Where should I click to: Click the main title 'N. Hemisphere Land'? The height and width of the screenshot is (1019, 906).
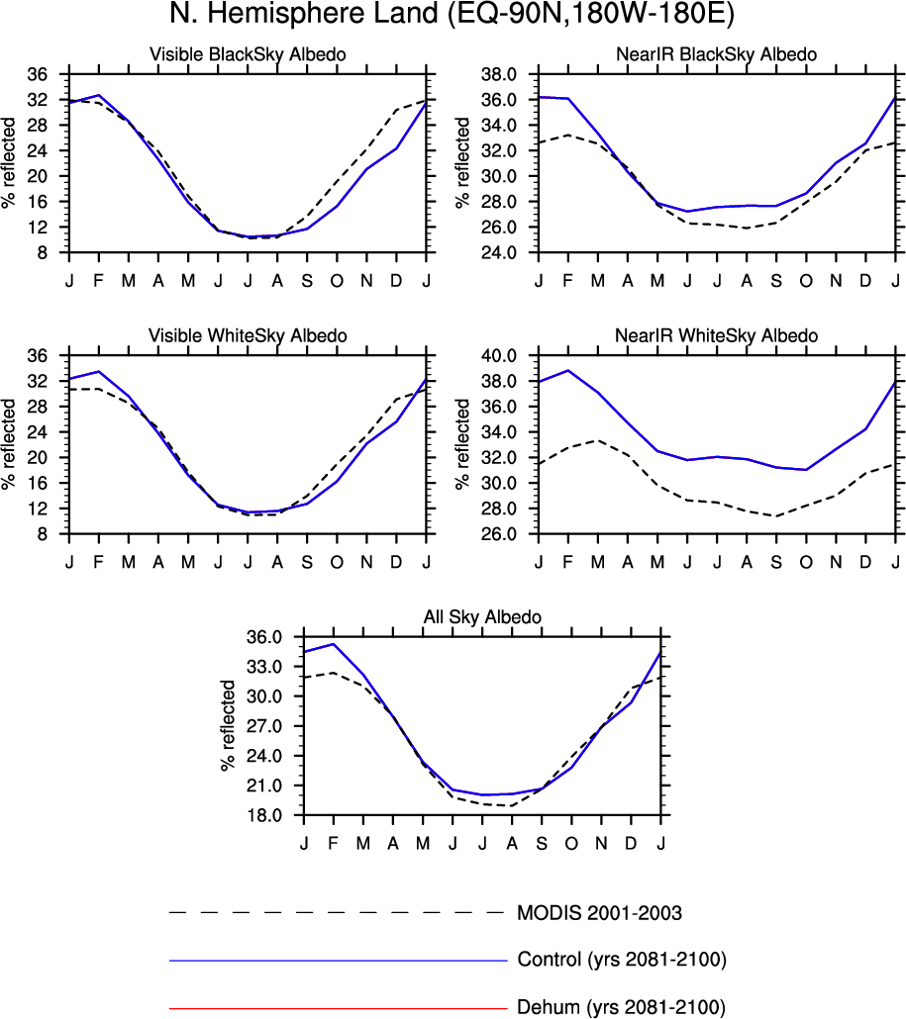453,16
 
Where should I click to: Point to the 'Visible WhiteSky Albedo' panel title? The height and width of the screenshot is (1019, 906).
248,336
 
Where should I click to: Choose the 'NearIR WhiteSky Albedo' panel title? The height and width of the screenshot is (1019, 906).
718,336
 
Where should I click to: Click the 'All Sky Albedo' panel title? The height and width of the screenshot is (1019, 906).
482,617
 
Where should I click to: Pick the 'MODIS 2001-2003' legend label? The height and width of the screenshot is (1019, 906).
599,912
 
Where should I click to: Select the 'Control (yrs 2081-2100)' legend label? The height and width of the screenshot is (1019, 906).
622,960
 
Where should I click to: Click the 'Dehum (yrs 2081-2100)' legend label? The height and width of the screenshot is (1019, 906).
621,1008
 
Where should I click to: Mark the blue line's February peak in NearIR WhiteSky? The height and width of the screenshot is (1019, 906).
568,370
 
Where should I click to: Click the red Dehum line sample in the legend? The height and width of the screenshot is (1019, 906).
337,1008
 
